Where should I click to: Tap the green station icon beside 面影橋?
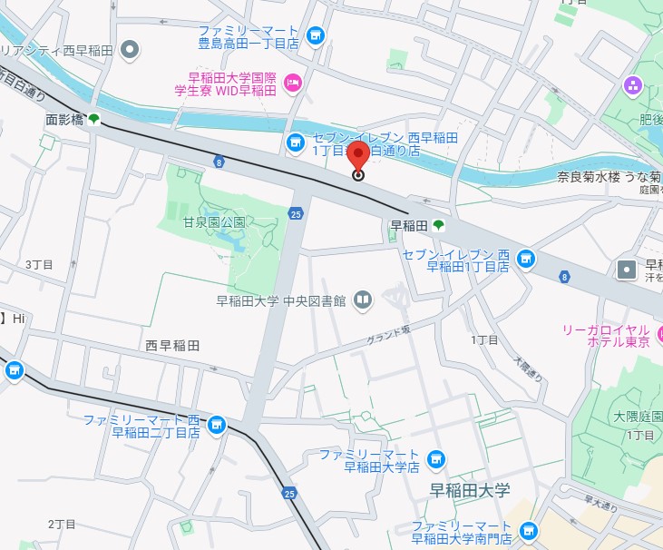point(94,118)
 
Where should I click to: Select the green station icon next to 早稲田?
point(439,224)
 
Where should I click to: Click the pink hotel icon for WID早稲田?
point(292,83)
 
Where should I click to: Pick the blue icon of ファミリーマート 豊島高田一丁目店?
point(315,35)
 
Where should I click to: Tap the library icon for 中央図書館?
point(363,300)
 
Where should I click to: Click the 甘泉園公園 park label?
point(214,222)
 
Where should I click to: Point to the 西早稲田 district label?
point(172,346)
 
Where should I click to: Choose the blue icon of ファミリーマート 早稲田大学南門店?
point(529,531)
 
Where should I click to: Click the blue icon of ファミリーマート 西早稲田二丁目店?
point(216,425)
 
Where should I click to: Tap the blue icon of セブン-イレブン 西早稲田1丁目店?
point(525,260)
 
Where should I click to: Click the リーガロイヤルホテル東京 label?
point(606,334)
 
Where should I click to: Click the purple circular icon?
point(632,86)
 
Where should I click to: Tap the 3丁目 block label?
point(39,264)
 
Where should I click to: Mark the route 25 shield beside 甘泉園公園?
point(297,214)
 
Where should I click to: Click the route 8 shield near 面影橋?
point(219,162)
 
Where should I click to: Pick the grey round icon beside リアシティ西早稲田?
point(130,49)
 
